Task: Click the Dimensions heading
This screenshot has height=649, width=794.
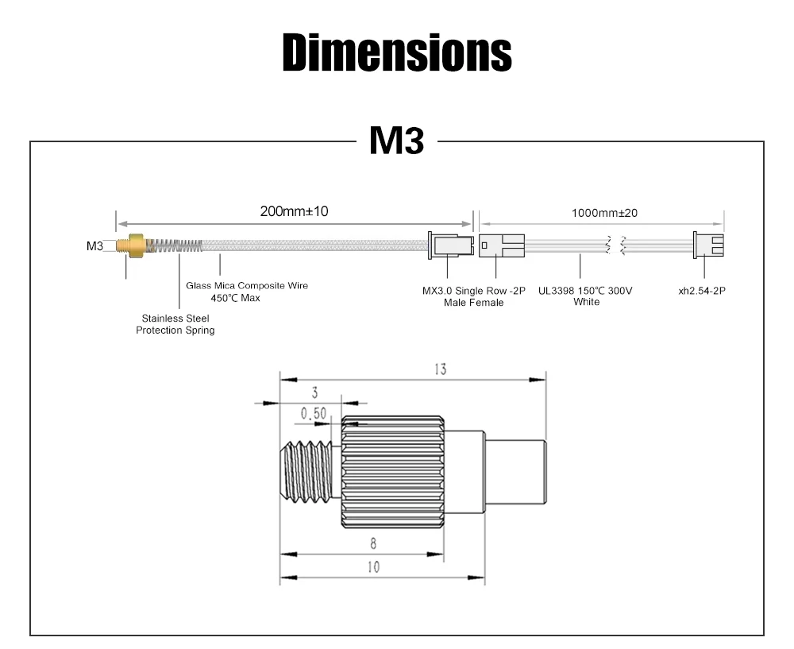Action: tap(397, 52)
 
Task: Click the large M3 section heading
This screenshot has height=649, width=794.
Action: tap(397, 141)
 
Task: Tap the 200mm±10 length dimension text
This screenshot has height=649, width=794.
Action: tap(294, 211)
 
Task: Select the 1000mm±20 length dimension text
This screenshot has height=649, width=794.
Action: tap(604, 213)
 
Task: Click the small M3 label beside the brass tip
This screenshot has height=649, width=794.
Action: tap(94, 246)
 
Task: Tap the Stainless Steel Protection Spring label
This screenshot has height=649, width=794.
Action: tap(175, 324)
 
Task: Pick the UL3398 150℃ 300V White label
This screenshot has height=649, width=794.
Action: tap(586, 296)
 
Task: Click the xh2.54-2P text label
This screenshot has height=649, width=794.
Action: tap(701, 291)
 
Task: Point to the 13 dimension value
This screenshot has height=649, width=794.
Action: tap(440, 369)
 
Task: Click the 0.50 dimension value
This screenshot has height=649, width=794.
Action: tap(314, 413)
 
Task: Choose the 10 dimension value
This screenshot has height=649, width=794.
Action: tap(373, 566)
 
